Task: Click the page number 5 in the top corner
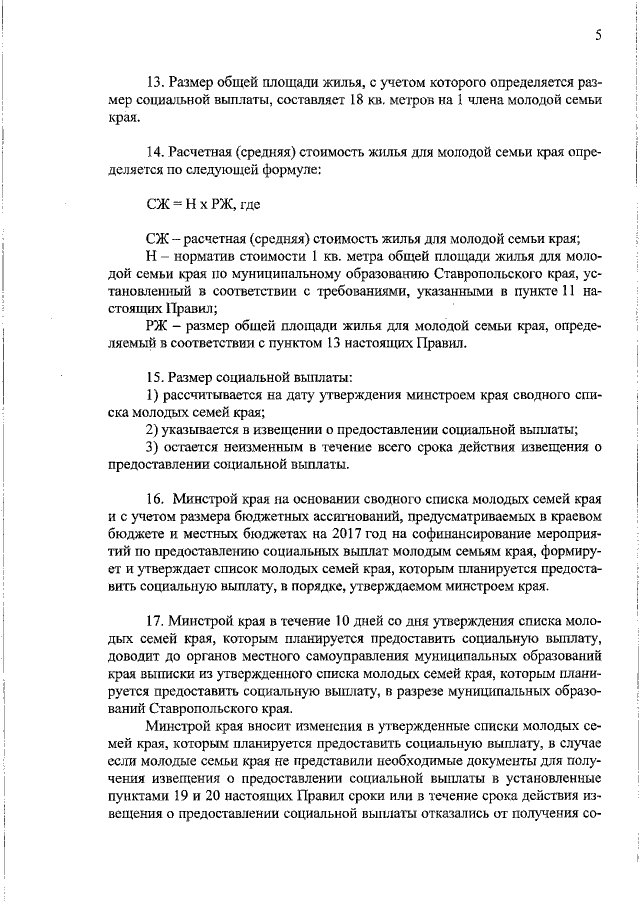point(597,36)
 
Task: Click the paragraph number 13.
point(155,80)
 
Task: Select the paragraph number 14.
point(155,153)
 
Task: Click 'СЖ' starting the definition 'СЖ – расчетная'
point(158,239)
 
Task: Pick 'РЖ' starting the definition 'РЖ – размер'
point(158,326)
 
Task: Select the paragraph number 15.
point(155,378)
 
